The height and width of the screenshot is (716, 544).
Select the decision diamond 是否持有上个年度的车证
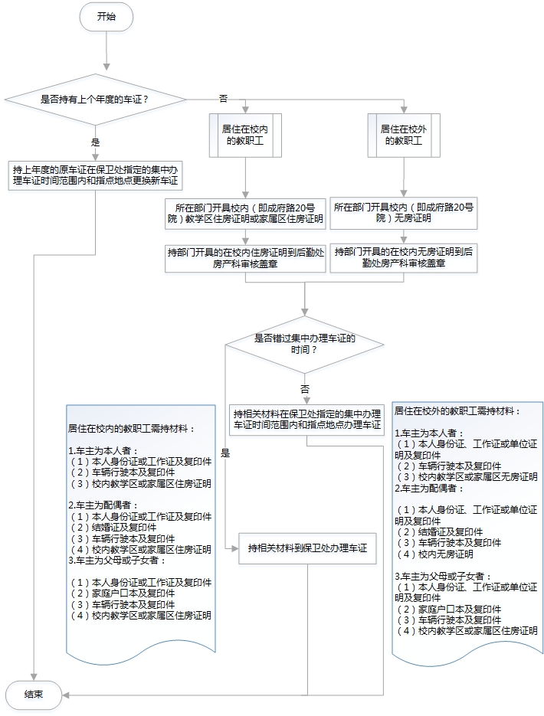[x=95, y=99]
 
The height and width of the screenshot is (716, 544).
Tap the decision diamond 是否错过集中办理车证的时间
[x=305, y=343]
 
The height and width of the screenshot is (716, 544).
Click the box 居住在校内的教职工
[x=245, y=135]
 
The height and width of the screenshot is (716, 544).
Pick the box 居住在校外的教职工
[x=403, y=135]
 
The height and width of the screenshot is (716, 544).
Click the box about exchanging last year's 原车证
[x=96, y=175]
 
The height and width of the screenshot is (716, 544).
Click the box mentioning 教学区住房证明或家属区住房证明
[x=245, y=212]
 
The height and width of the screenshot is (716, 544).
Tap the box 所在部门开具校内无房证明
[x=403, y=212]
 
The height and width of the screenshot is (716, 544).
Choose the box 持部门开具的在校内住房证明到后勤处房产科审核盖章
[x=245, y=257]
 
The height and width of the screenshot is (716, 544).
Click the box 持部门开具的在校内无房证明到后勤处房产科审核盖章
[x=403, y=257]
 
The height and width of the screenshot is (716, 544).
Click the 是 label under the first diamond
[x=96, y=142]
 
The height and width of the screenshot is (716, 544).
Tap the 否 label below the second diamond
[x=305, y=389]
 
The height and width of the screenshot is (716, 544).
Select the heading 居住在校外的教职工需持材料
[x=457, y=411]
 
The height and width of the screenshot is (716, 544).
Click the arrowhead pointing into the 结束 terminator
[x=67, y=695]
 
